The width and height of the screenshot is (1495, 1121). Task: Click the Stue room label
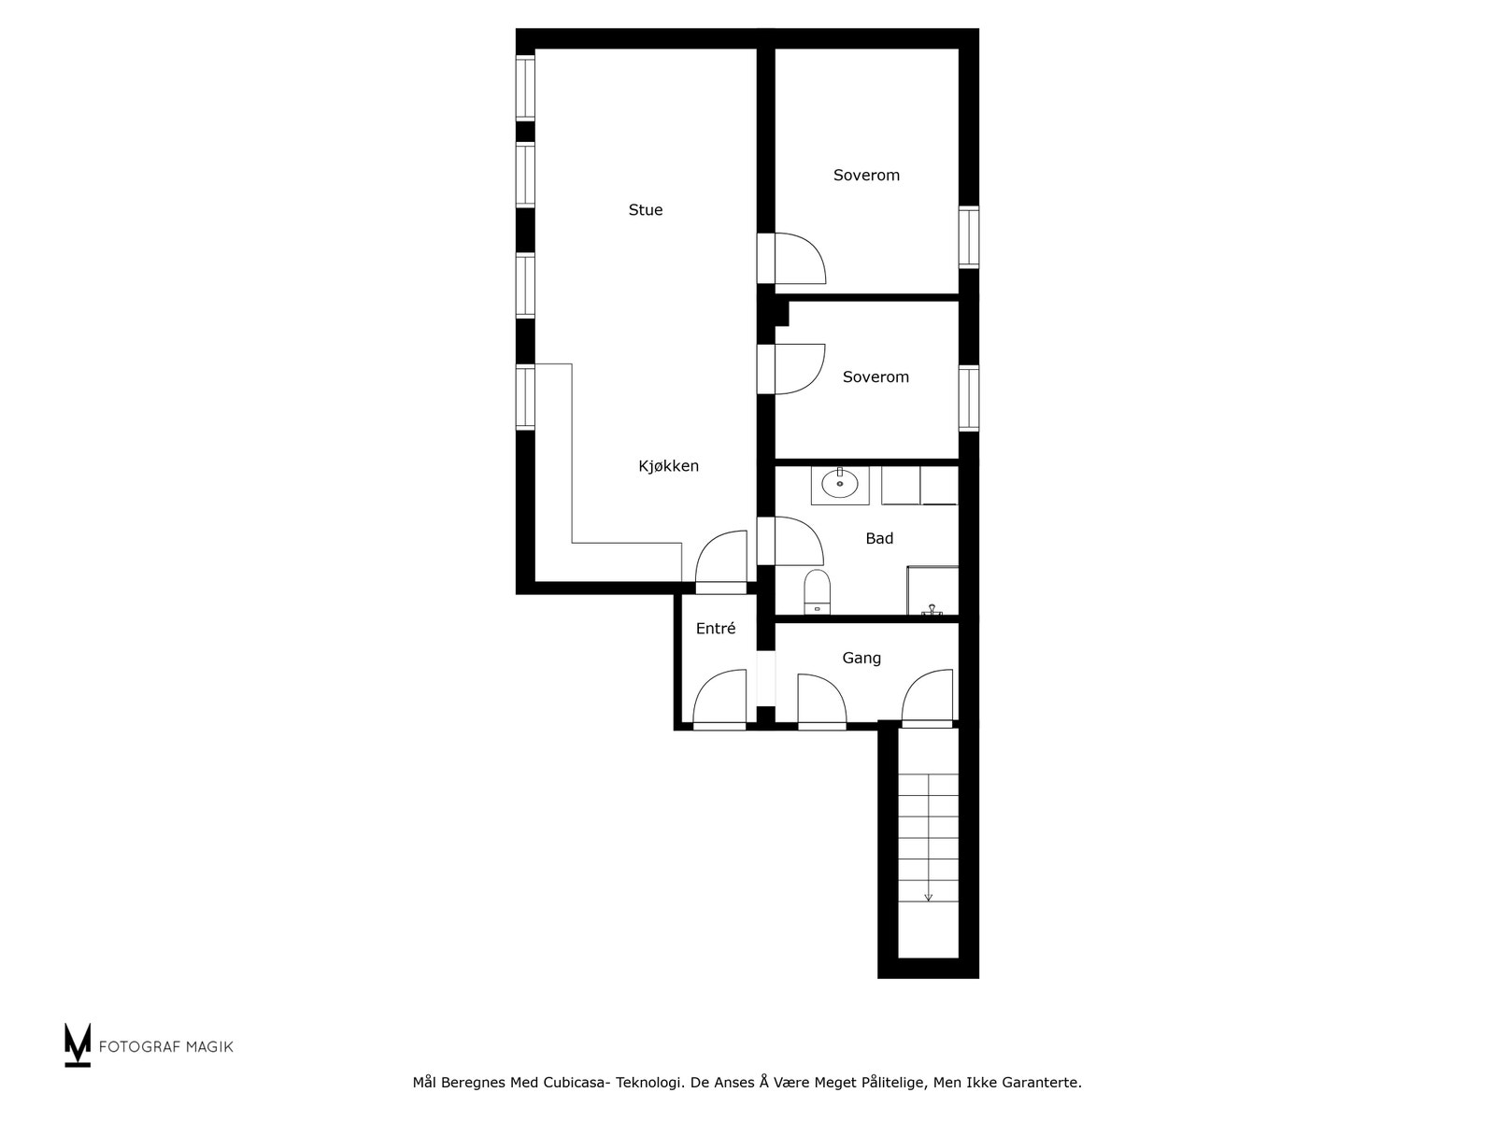[x=646, y=210]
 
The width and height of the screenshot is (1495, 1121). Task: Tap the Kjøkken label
[x=668, y=466]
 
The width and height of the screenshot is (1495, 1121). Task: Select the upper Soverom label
[x=866, y=176]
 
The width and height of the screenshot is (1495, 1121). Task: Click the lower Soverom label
[x=876, y=377]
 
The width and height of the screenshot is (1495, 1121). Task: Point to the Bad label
[x=879, y=538]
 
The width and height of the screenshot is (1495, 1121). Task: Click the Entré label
[x=716, y=629]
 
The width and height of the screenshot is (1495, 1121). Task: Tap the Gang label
[x=861, y=658]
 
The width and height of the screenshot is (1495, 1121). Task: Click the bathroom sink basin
[x=839, y=485]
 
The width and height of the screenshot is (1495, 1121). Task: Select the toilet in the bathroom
[x=817, y=591]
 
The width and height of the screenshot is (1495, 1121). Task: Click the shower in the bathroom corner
[x=933, y=590]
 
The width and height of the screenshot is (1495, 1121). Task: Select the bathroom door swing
[x=799, y=541]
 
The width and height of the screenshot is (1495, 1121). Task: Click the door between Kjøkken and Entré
[x=722, y=562]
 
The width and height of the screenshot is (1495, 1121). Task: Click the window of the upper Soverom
[x=969, y=237]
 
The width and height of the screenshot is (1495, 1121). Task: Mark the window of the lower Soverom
[x=969, y=398]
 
